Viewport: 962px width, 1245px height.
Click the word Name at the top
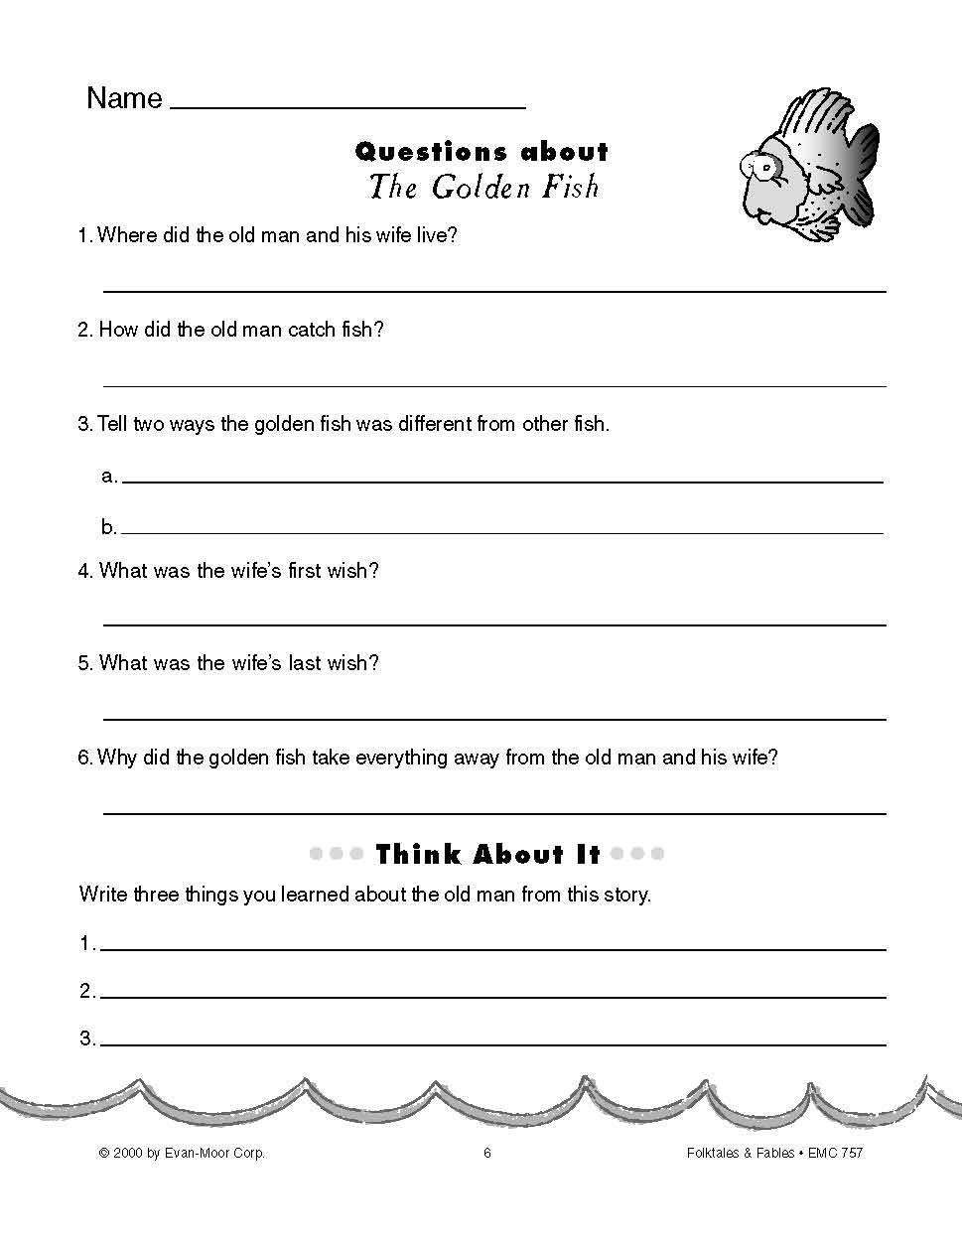(124, 98)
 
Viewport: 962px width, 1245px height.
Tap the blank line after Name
(347, 105)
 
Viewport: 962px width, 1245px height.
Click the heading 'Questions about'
(481, 152)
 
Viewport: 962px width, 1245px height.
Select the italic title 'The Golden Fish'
(483, 188)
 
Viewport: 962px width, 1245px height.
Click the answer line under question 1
(494, 291)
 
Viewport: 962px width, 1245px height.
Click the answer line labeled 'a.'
(501, 482)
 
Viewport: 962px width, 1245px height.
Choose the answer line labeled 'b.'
(501, 533)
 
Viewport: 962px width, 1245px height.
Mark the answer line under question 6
(494, 813)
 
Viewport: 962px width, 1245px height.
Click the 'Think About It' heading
(487, 855)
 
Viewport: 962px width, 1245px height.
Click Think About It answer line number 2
(492, 997)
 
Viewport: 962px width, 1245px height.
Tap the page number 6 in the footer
(487, 1153)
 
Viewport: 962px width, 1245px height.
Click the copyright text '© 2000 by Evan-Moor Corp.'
(182, 1153)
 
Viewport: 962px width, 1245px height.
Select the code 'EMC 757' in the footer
(835, 1153)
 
